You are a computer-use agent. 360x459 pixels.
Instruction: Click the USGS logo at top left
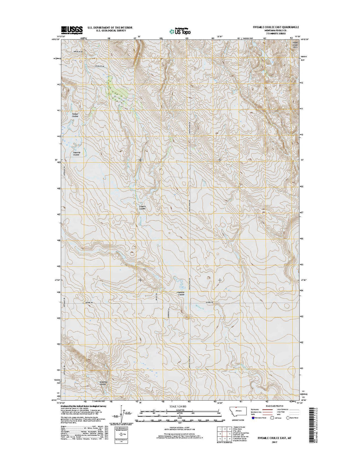click(72, 29)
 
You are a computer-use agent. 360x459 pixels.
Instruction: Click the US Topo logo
click(180, 31)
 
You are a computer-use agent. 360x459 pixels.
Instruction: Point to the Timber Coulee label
click(75, 115)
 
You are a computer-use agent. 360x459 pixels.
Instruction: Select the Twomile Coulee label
click(76, 153)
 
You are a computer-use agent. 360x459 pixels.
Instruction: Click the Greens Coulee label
click(142, 207)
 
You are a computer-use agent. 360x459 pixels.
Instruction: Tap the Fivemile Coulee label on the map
click(180, 293)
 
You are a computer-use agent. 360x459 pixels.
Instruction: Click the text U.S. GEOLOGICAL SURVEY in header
click(110, 31)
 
